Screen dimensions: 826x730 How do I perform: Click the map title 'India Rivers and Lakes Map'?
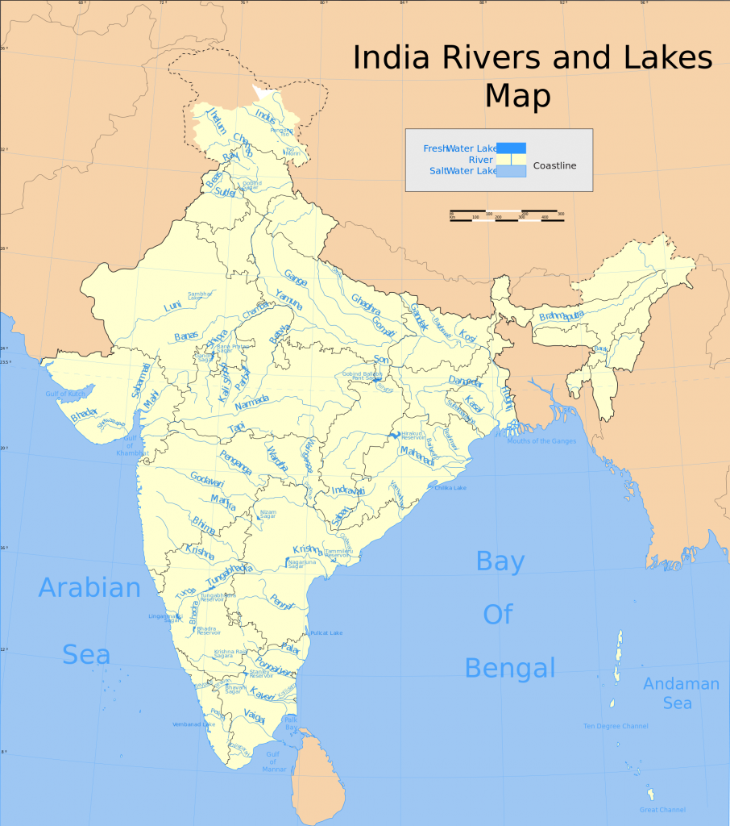[532, 77]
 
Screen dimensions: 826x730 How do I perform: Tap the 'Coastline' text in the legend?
[554, 165]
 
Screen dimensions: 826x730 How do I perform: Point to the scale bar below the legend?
[506, 216]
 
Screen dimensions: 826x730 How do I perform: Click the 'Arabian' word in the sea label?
[89, 587]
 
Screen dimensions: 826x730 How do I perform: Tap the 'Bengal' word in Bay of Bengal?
[510, 668]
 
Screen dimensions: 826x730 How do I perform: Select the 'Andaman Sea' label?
[680, 693]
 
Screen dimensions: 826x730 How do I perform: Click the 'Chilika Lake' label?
[450, 488]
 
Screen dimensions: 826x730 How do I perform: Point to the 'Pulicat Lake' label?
[326, 633]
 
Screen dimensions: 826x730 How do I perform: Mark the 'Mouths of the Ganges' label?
[541, 441]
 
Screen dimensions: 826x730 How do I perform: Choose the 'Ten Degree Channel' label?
[616, 726]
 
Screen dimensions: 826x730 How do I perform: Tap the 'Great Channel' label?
[662, 810]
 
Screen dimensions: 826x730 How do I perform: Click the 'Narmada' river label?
[251, 403]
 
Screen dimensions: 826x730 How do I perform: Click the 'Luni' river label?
[172, 307]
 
